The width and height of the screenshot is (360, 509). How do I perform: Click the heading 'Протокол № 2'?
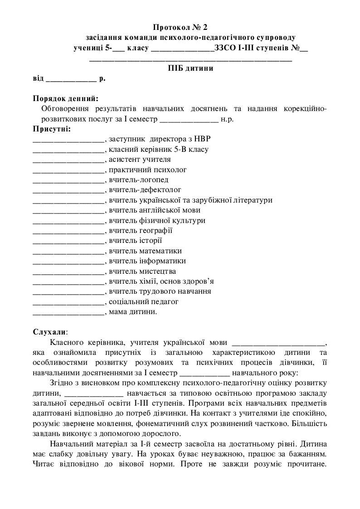coord(180,28)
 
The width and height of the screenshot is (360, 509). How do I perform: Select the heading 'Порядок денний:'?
coord(65,98)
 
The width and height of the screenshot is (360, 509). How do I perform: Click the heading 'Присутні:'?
coord(52,129)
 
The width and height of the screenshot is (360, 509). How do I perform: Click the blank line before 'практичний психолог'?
coord(68,170)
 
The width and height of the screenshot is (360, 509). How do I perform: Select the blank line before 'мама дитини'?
coord(68,312)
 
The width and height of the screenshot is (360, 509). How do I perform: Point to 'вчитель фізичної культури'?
coord(157,221)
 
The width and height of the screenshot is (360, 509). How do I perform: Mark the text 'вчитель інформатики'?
coord(147,261)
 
